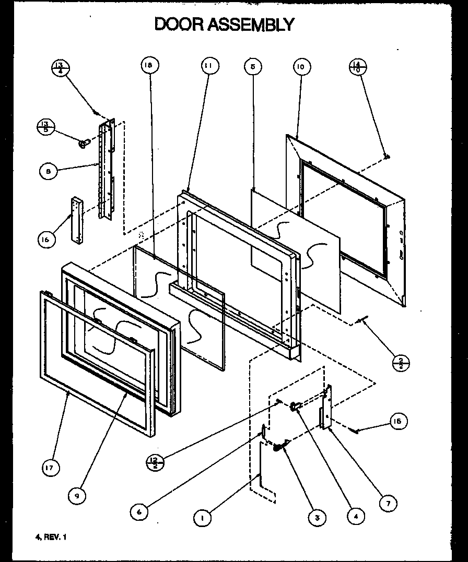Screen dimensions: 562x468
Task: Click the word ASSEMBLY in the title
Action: pyautogui.click(x=252, y=24)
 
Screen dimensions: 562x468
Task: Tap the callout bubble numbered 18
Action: pyautogui.click(x=149, y=66)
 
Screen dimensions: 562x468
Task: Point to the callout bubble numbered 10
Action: pyautogui.click(x=302, y=67)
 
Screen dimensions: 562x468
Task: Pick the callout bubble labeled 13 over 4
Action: pyautogui.click(x=60, y=68)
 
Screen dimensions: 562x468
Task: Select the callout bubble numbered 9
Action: pyautogui.click(x=77, y=496)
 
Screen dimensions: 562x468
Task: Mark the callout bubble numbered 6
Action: pyautogui.click(x=139, y=512)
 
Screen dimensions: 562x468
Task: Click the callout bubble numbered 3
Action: pyautogui.click(x=317, y=517)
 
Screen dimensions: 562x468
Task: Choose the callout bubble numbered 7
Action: pyautogui.click(x=388, y=503)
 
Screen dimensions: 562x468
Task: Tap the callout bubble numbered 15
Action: pyautogui.click(x=399, y=421)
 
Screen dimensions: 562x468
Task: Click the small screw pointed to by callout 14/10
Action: pyautogui.click(x=386, y=156)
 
